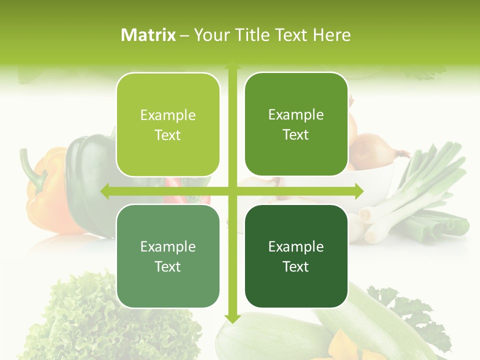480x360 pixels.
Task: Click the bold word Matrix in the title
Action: point(148,35)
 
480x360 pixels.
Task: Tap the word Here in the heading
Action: point(331,35)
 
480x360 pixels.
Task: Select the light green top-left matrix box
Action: point(168,124)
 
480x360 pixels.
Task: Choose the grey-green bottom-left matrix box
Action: point(168,256)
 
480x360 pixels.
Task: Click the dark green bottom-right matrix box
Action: point(296,256)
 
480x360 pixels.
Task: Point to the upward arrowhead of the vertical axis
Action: point(232,65)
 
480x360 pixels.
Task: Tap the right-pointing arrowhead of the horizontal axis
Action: point(358,191)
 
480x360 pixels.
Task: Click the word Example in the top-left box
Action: point(168,115)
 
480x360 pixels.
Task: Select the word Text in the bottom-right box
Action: point(296,266)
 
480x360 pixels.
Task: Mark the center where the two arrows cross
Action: point(232,191)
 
